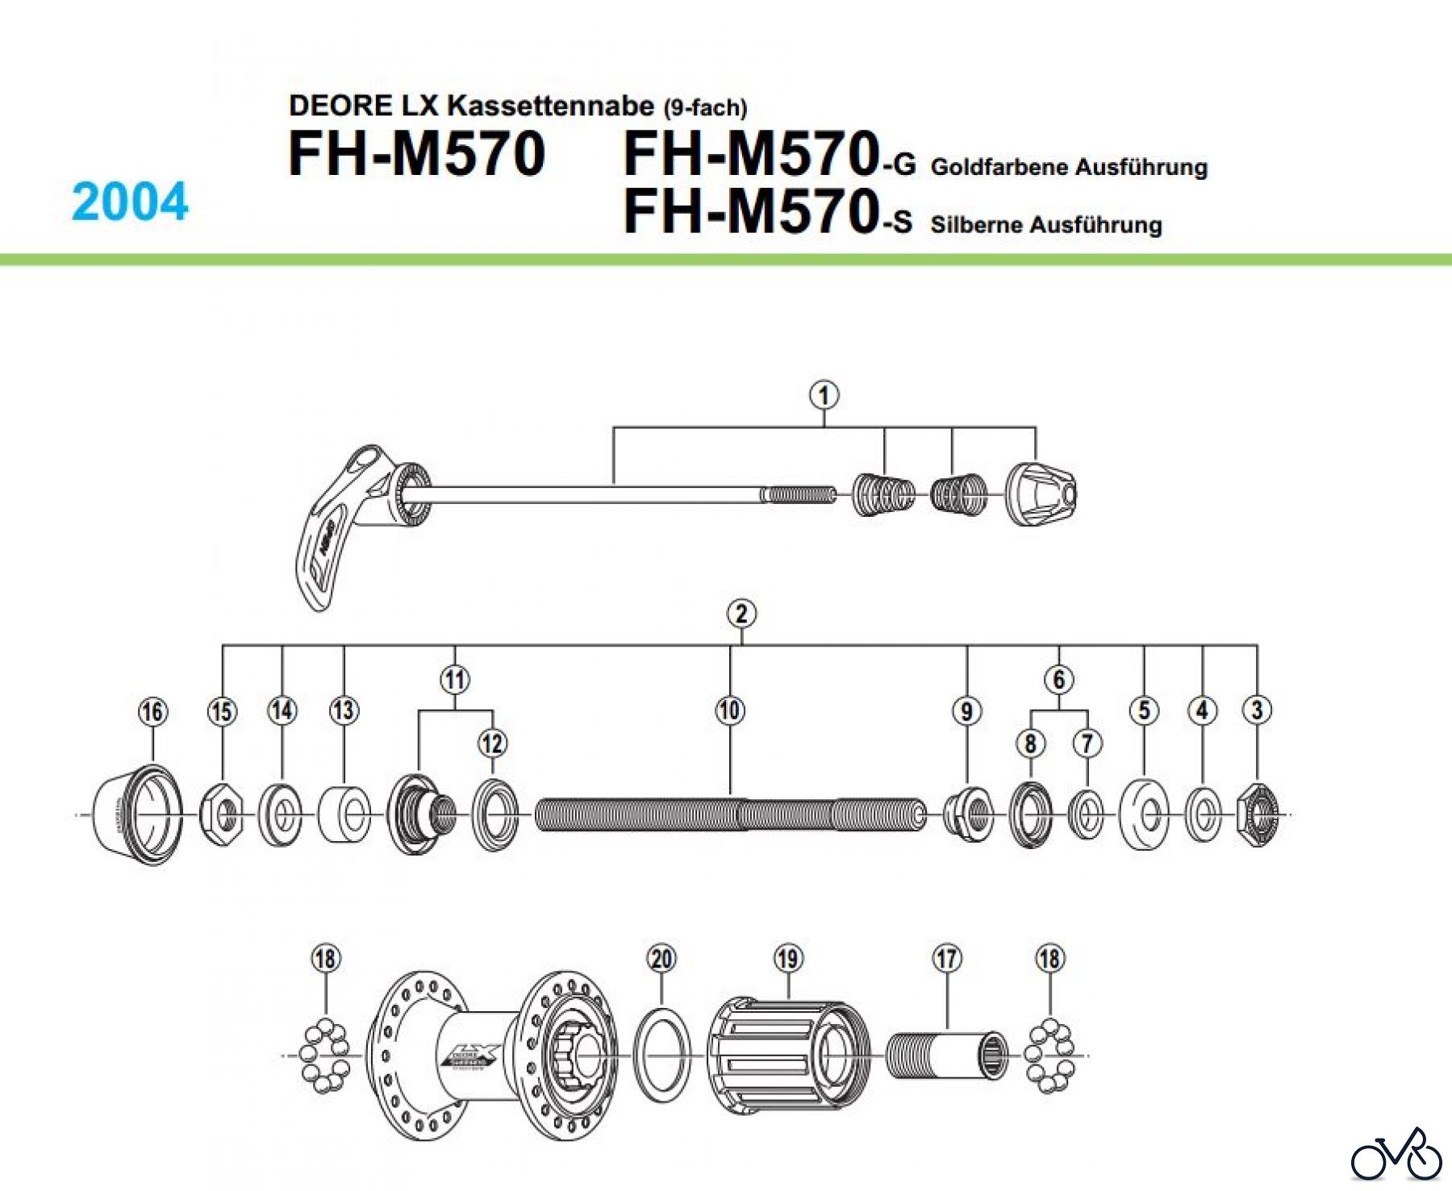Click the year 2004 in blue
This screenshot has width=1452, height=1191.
(130, 202)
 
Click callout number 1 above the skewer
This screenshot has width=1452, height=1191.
(824, 396)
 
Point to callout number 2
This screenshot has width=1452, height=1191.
(741, 614)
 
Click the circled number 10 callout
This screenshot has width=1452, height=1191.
(730, 710)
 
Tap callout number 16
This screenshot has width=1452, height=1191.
(152, 712)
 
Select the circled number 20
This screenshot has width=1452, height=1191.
(661, 959)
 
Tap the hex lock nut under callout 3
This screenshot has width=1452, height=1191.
(1258, 815)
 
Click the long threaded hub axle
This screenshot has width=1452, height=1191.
(730, 815)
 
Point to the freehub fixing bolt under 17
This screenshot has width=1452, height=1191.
(947, 1056)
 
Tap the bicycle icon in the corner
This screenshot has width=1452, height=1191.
(1396, 1156)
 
